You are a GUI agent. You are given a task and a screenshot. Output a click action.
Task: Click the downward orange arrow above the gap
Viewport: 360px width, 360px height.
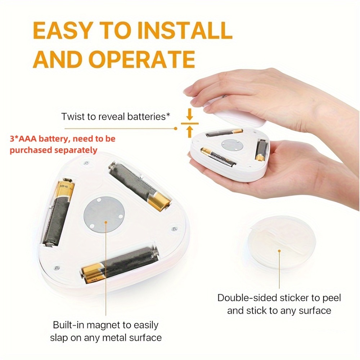(189, 114)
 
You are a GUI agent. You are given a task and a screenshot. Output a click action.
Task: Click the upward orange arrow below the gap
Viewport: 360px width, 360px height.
(189, 132)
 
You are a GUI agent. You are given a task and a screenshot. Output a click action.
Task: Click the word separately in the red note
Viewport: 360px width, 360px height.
(76, 150)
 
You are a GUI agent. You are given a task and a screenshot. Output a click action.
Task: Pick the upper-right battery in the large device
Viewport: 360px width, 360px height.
(140, 186)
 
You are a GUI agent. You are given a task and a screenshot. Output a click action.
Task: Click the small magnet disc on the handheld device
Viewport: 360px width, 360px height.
(232, 145)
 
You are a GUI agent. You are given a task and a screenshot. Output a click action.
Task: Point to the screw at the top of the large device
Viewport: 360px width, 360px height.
(86, 163)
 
